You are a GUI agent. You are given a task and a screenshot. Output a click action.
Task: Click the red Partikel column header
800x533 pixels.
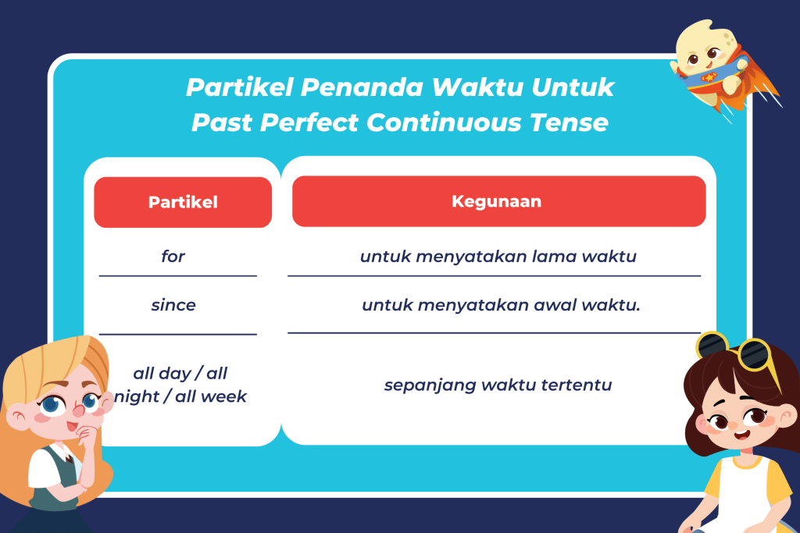click(183, 202)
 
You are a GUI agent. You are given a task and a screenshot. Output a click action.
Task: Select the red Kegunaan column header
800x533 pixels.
click(498, 201)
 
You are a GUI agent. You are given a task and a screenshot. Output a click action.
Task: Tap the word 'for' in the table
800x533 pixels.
click(173, 256)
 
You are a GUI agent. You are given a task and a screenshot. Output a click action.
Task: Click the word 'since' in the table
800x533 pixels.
click(173, 304)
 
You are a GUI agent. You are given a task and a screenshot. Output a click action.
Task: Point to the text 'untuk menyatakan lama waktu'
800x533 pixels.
click(498, 256)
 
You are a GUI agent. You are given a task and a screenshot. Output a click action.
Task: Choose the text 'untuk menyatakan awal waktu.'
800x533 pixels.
click(501, 304)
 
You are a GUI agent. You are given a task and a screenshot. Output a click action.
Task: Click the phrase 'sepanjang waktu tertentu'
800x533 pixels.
click(498, 385)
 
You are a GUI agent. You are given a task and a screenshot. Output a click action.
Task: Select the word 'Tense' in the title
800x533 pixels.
click(569, 123)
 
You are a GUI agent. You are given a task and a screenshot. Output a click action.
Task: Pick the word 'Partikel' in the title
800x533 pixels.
click(239, 87)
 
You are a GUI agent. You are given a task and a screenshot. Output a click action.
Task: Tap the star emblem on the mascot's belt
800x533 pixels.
click(708, 77)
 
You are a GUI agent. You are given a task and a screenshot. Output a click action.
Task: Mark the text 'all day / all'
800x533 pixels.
click(180, 373)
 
